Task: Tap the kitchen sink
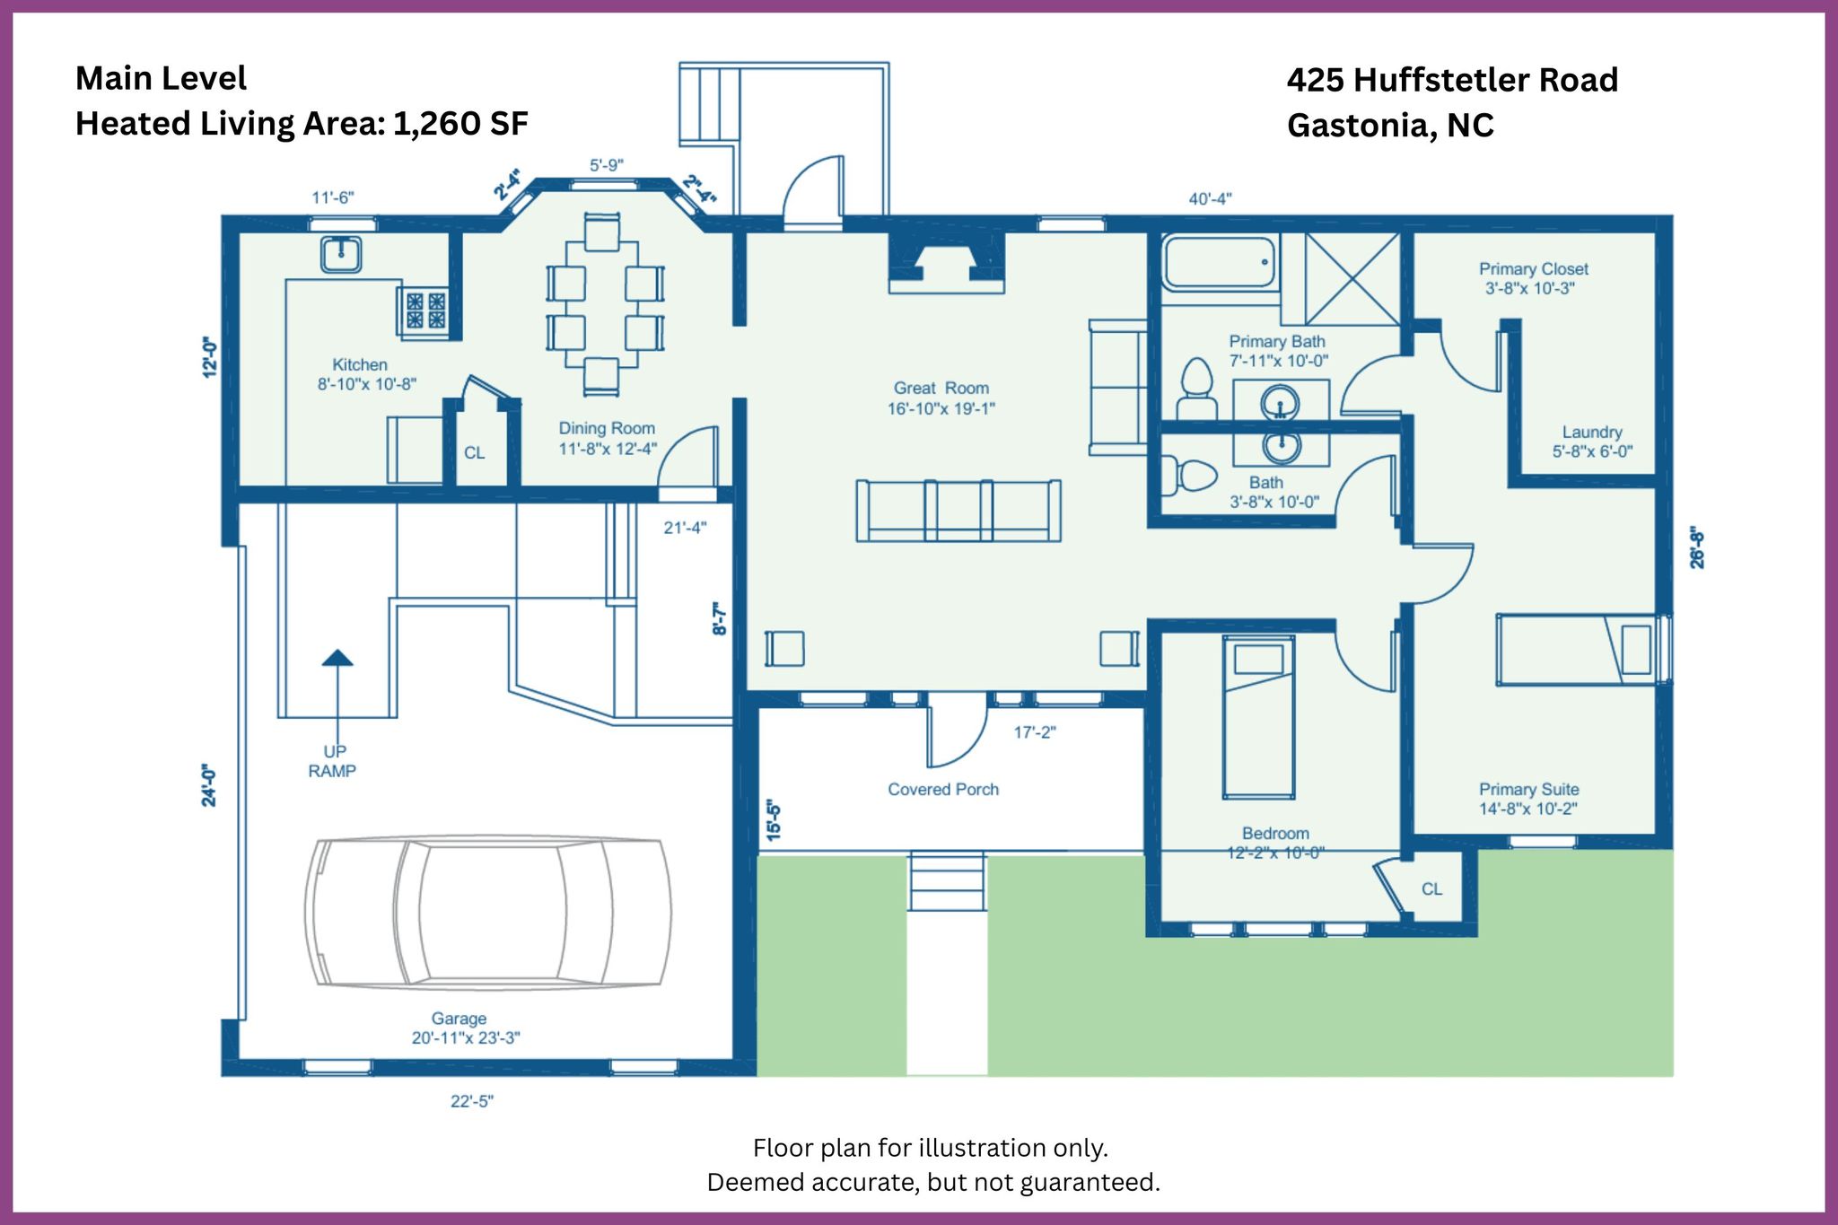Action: (341, 254)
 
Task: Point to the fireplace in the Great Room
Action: (947, 264)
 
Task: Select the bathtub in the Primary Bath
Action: (1220, 261)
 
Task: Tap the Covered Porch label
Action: (943, 789)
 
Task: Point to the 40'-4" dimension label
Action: (1210, 198)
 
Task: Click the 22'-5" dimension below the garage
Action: (472, 1101)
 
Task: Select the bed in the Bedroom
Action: (1258, 717)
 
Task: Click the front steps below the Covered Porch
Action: (947, 881)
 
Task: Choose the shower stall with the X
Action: (1352, 278)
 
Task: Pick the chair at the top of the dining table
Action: (601, 232)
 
